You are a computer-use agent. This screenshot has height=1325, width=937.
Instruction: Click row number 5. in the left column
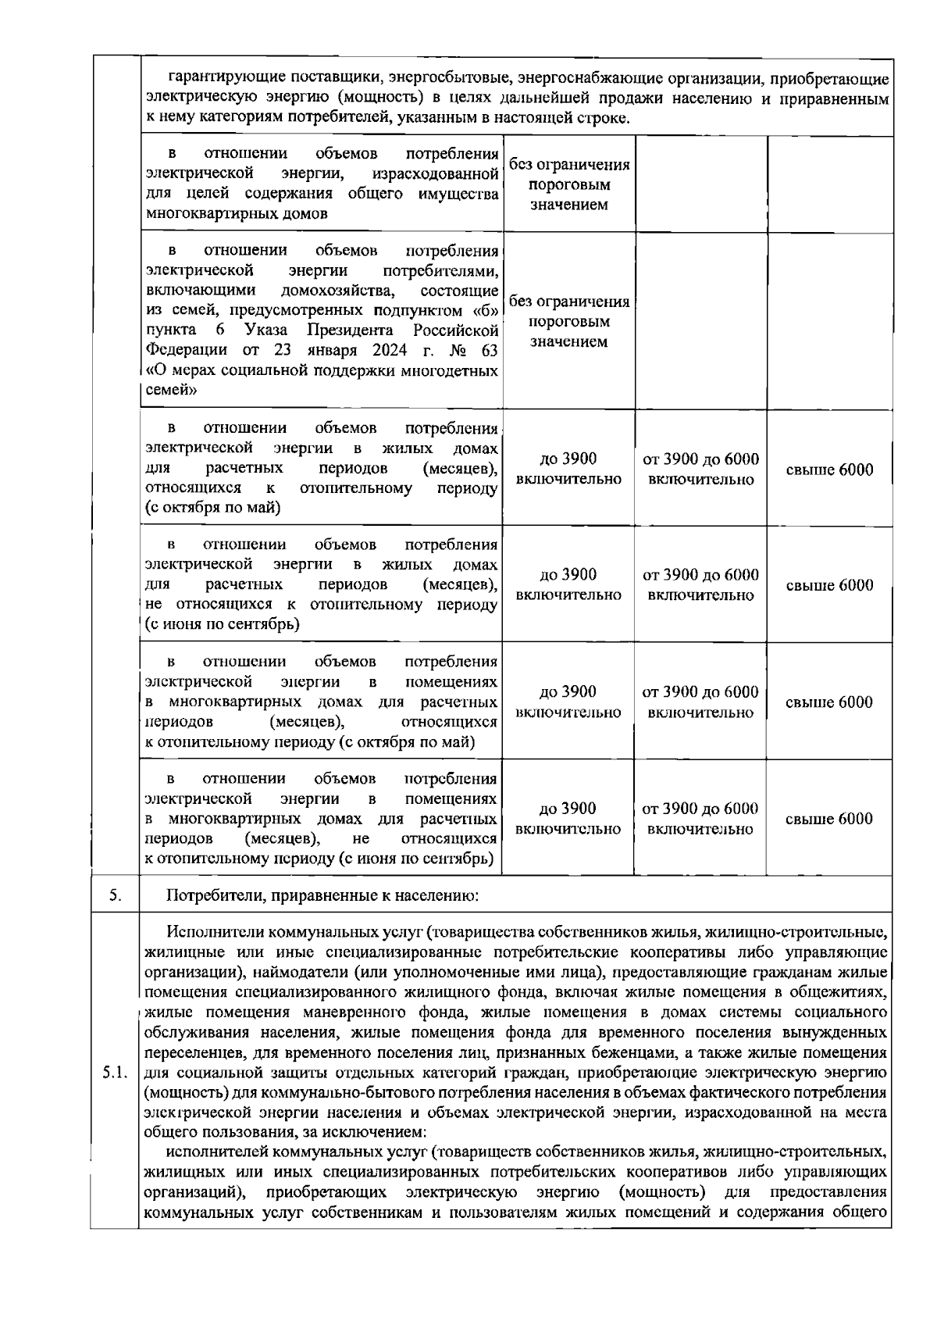click(x=115, y=895)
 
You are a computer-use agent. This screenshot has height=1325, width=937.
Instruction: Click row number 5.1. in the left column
click(x=115, y=1072)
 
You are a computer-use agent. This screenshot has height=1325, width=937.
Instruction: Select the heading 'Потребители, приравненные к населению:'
click(x=322, y=895)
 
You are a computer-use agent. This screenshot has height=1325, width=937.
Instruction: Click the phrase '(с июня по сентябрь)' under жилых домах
click(x=223, y=624)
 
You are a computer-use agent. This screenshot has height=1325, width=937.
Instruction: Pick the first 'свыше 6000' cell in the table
click(x=829, y=470)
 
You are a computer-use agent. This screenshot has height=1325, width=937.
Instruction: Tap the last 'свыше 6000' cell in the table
click(x=828, y=819)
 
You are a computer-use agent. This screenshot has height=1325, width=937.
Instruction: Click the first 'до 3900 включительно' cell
click(x=568, y=469)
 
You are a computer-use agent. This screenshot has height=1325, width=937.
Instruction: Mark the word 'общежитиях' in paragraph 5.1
click(x=844, y=992)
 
